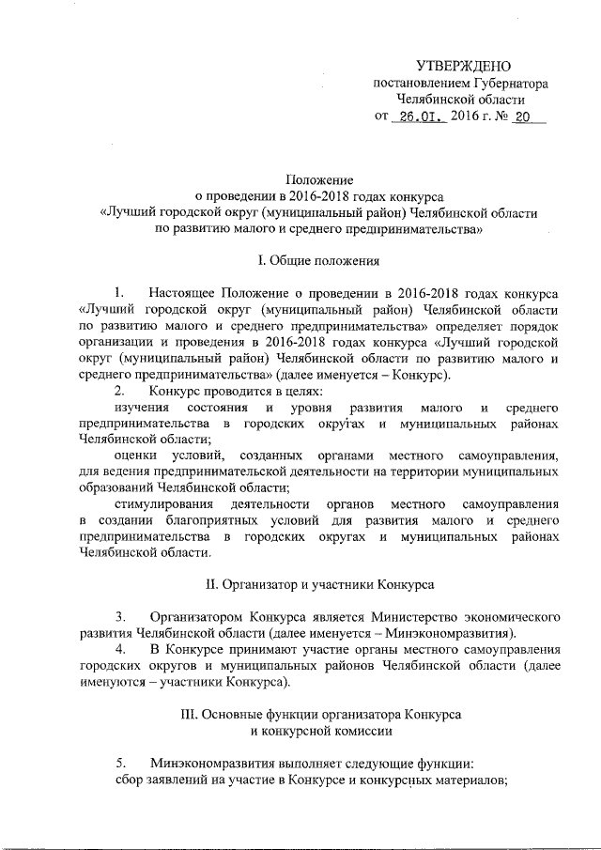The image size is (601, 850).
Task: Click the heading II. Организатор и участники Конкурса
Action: pyautogui.click(x=318, y=583)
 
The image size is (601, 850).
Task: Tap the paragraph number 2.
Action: pyautogui.click(x=119, y=390)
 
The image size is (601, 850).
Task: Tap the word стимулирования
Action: pyautogui.click(x=152, y=503)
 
